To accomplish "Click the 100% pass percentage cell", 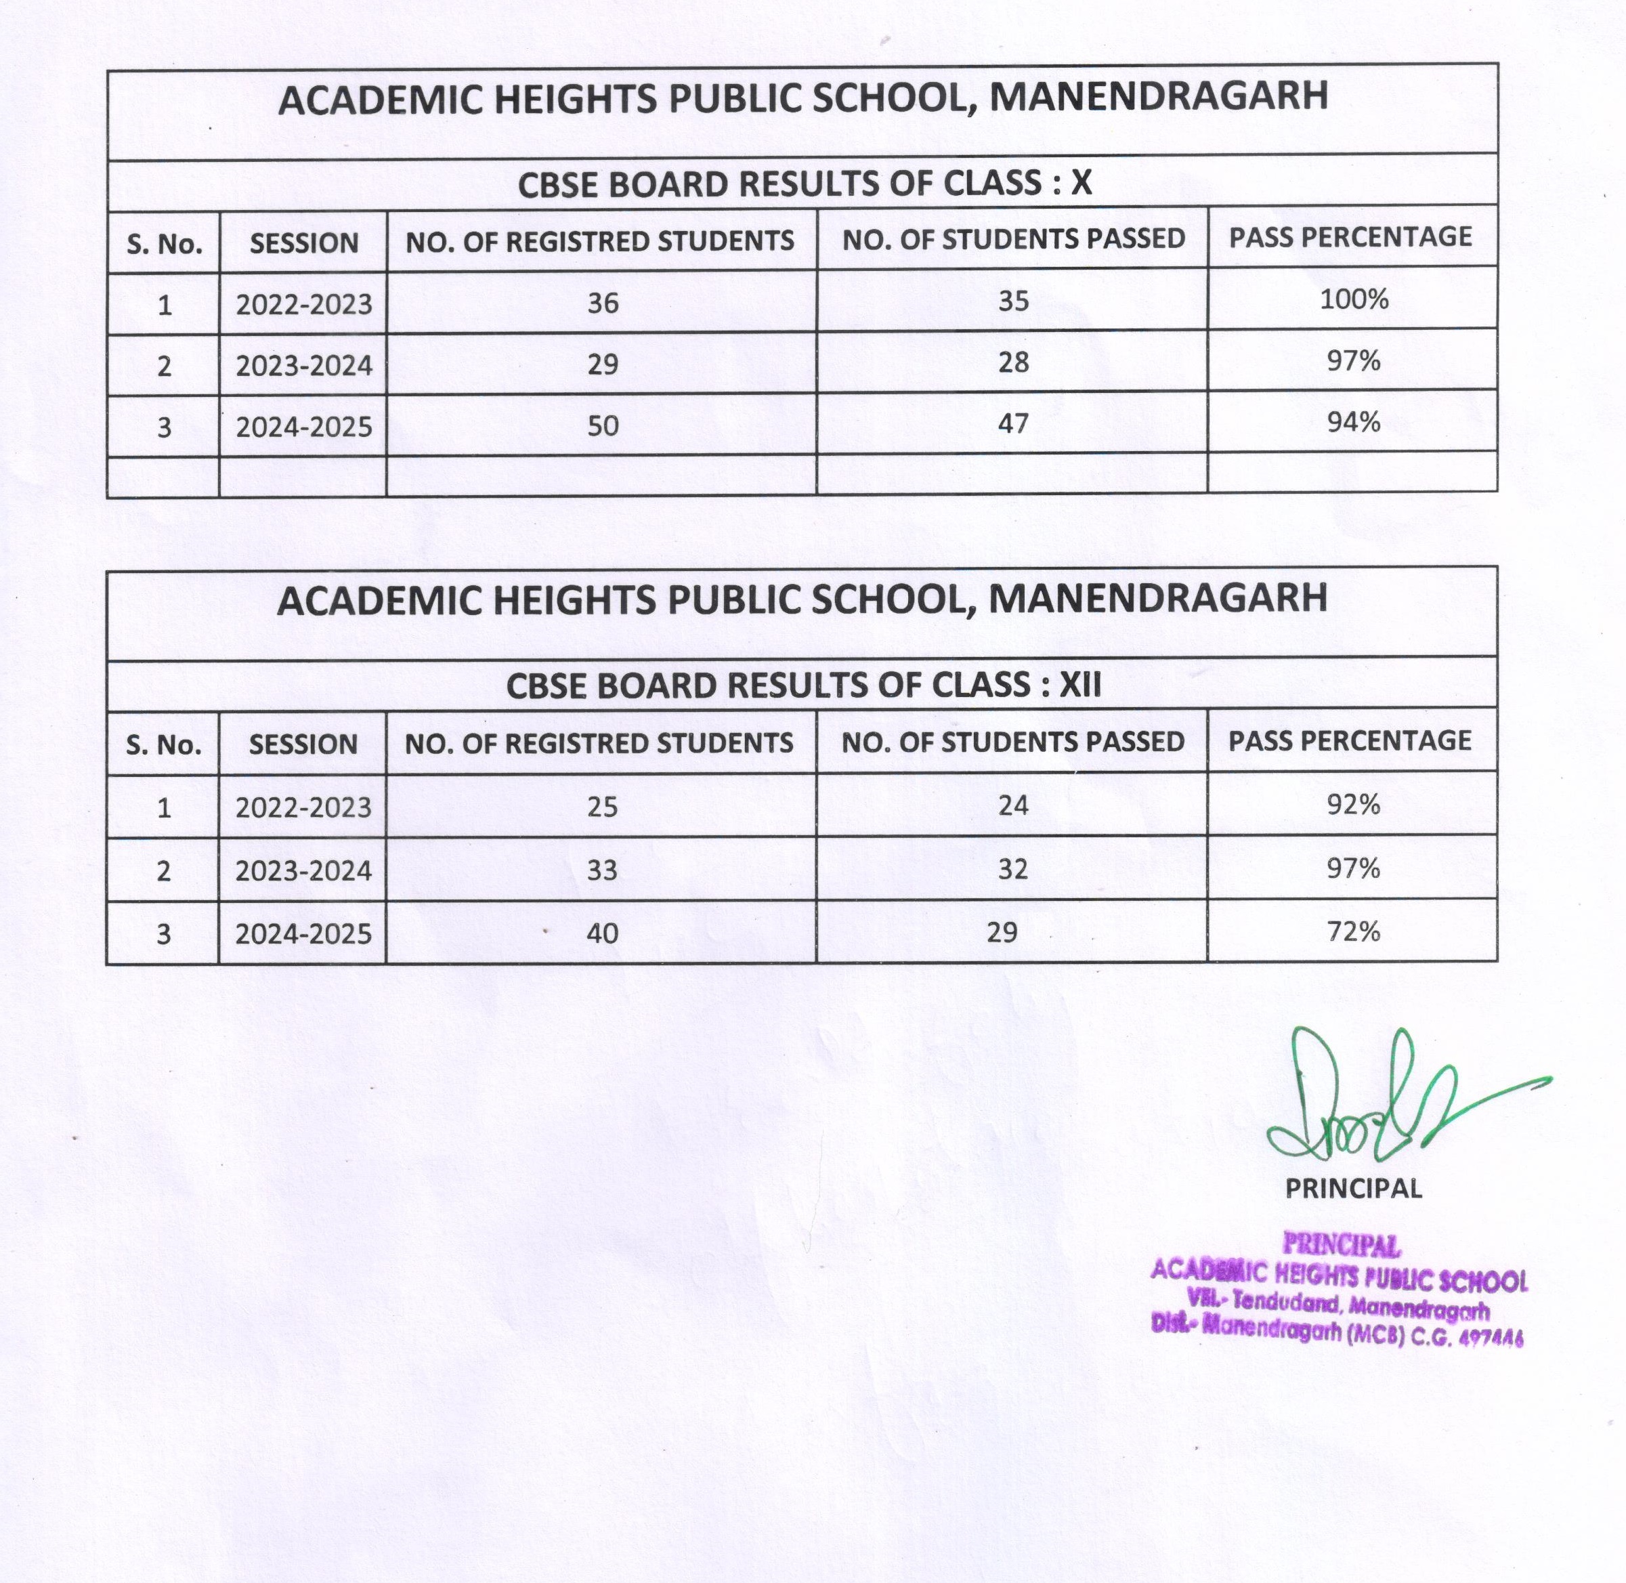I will point(1353,299).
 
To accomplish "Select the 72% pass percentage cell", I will point(1353,931).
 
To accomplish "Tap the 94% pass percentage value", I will point(1353,423).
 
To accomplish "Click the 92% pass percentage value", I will point(1353,804).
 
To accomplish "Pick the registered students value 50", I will point(603,425).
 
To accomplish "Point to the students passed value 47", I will point(1013,424).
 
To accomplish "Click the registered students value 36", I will point(603,303).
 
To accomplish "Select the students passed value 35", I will point(1013,301).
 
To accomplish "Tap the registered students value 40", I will point(602,933).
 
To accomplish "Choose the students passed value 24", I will point(1013,805).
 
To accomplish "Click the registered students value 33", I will point(602,870).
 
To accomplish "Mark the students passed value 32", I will point(1013,869).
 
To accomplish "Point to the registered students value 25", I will point(602,807).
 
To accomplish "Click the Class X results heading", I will point(804,184).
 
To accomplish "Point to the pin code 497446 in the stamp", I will point(1491,1338).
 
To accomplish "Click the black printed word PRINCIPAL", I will point(1353,1188).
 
